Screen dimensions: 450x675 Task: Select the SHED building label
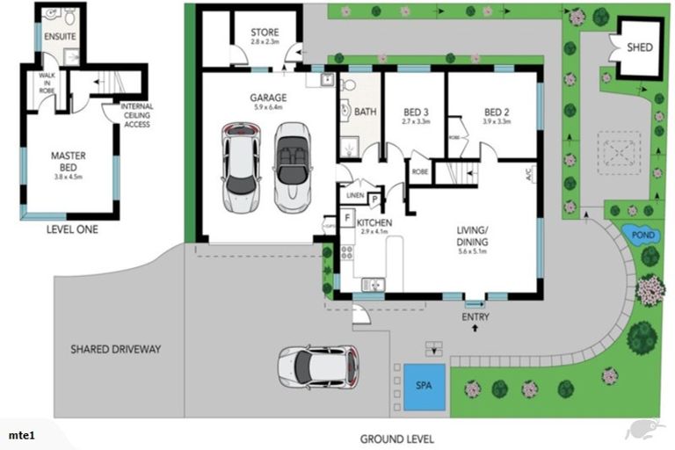(x=639, y=47)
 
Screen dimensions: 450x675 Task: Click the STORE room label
(x=265, y=33)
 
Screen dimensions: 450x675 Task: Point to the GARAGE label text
(x=268, y=98)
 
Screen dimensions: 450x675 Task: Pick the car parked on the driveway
(x=319, y=364)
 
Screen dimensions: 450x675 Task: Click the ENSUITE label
(x=61, y=36)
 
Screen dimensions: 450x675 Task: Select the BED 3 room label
(x=416, y=112)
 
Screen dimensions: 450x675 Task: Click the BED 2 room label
(x=497, y=112)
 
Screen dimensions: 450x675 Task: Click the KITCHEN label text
(x=374, y=223)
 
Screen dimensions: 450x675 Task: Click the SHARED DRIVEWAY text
(x=116, y=349)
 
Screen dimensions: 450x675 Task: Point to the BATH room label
(x=365, y=112)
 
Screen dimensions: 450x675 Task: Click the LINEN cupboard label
(x=355, y=195)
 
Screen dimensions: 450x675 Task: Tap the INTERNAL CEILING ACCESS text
(x=137, y=115)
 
